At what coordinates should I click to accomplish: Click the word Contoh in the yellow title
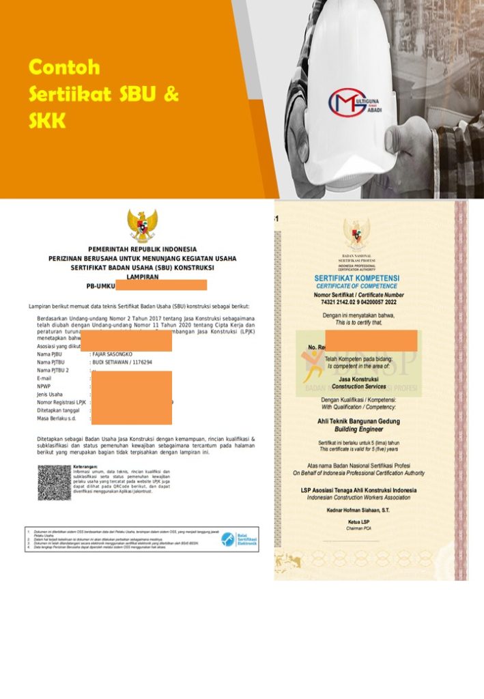click(64, 68)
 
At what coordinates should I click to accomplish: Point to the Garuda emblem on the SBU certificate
click(142, 225)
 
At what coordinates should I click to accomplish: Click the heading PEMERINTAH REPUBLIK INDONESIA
click(142, 250)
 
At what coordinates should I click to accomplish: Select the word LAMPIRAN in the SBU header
click(143, 276)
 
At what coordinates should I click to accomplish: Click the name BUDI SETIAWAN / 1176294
click(122, 362)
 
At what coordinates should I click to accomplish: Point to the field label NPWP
click(44, 386)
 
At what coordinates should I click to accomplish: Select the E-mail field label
click(45, 378)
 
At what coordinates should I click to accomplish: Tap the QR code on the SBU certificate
click(54, 483)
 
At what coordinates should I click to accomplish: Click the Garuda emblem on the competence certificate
click(356, 236)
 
